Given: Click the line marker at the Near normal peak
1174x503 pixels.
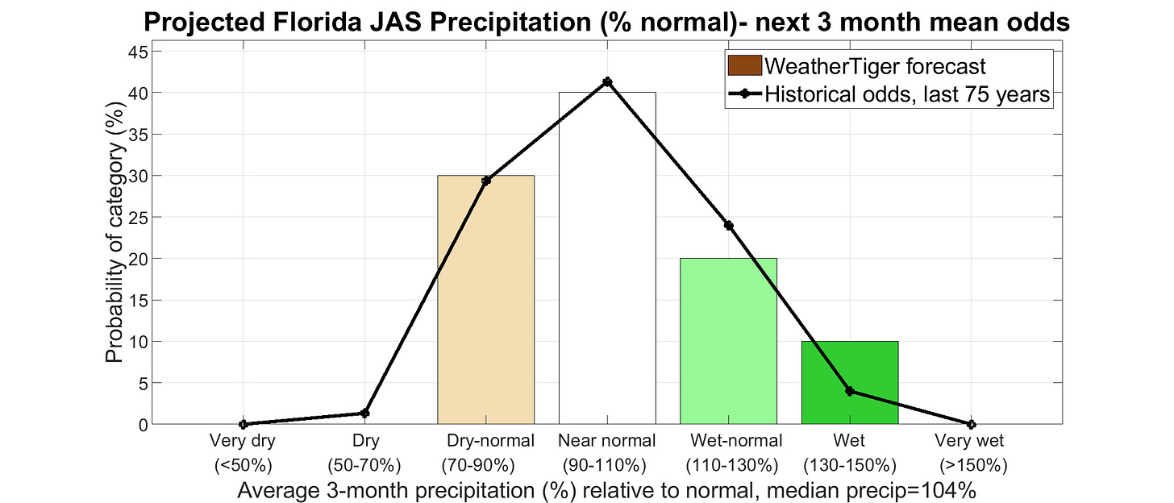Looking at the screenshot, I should click(x=607, y=82).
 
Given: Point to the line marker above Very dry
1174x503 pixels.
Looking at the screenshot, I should click(x=243, y=424).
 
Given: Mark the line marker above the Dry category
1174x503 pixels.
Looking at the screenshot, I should click(x=364, y=414).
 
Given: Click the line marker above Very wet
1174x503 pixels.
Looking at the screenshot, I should click(x=971, y=424).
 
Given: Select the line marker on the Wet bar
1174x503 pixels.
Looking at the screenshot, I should click(x=850, y=391).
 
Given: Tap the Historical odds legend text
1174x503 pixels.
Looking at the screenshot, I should click(x=906, y=94).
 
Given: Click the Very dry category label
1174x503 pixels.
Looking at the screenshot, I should click(x=243, y=441).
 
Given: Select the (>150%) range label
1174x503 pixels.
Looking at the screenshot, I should click(x=974, y=465).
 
